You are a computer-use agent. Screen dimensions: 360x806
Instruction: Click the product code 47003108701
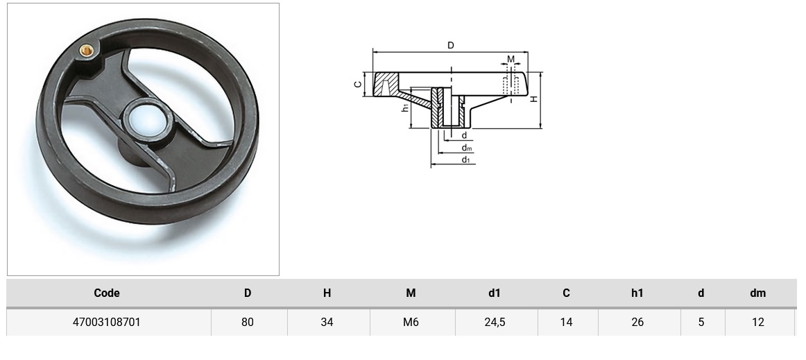pos(107,322)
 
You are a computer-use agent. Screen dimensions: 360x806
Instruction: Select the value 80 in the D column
pos(248,322)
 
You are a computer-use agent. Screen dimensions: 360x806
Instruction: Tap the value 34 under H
pos(327,322)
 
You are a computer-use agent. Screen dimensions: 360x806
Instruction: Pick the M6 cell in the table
pos(411,322)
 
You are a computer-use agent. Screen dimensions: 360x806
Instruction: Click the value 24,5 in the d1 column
pos(494,322)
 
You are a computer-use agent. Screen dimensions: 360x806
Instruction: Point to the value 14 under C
pos(566,322)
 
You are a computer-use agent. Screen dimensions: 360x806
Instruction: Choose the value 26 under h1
pos(637,322)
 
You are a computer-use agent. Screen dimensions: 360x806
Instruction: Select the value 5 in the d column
pos(701,322)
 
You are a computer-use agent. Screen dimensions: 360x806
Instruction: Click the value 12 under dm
pos(757,322)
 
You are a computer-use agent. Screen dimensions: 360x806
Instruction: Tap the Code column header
pos(107,293)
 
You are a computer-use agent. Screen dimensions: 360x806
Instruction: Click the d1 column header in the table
pos(494,293)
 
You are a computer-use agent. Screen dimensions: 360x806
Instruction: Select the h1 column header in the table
pos(637,293)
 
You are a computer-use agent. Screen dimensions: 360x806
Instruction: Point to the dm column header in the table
pos(757,293)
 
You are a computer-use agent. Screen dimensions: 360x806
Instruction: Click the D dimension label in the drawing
pos(450,46)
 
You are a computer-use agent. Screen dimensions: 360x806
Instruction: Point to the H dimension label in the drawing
pos(534,99)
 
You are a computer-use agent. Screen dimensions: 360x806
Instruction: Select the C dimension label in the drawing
pos(358,84)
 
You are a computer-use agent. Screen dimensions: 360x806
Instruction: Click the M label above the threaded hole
pos(511,60)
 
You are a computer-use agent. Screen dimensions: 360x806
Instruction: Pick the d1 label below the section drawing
pos(466,160)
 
